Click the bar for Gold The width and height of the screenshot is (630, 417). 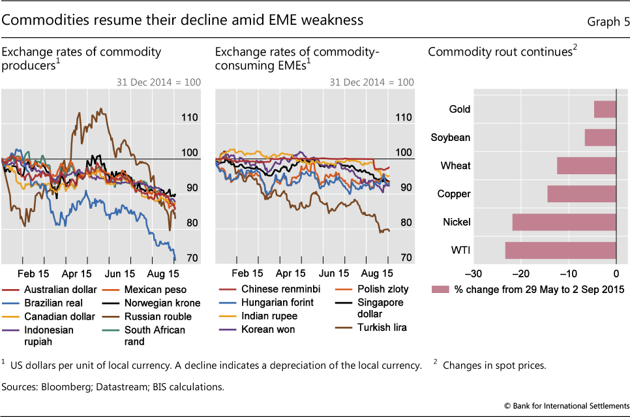[605, 109]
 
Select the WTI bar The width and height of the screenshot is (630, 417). [560, 251]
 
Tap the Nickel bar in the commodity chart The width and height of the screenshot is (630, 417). [564, 223]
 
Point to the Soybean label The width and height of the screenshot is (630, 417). [451, 138]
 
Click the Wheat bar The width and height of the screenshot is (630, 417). [586, 166]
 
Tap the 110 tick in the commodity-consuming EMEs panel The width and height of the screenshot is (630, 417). [404, 117]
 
